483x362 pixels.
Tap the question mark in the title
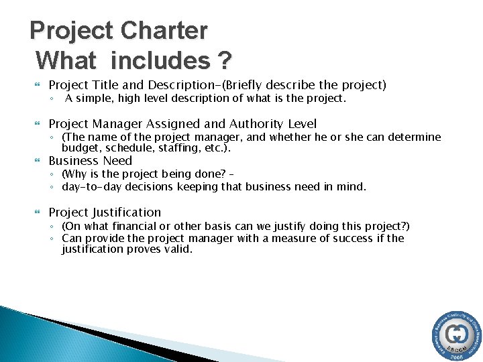224,61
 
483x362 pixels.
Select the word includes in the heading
161,61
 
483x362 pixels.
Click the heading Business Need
90,161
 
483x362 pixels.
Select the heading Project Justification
105,213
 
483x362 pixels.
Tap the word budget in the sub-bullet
78,148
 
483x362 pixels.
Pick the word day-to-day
89,187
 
